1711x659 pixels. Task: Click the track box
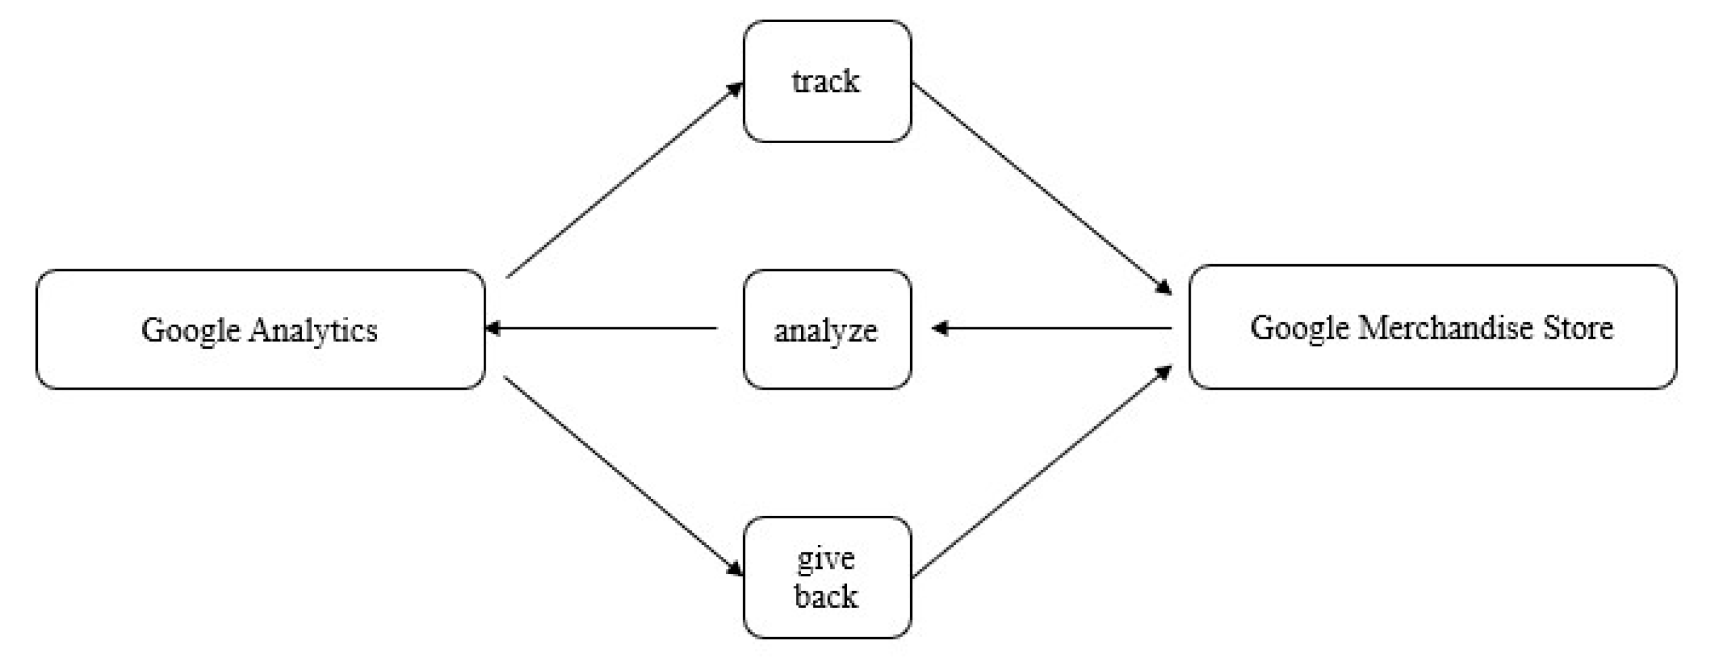(x=826, y=81)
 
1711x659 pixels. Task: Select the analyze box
(x=826, y=329)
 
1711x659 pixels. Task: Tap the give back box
(x=826, y=576)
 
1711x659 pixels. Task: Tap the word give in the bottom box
(x=826, y=559)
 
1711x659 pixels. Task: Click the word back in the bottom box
(x=826, y=596)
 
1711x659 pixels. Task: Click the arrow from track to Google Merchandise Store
(x=1041, y=188)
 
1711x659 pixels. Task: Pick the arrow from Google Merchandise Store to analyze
(x=1053, y=327)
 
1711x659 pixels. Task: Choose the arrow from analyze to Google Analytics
(x=601, y=327)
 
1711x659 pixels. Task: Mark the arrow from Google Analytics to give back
(x=623, y=475)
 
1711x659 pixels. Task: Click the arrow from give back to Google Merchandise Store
(x=1041, y=472)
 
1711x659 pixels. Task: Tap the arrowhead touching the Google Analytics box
(x=493, y=327)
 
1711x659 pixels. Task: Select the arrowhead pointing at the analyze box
(x=939, y=327)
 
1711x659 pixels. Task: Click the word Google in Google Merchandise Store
(x=1299, y=327)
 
